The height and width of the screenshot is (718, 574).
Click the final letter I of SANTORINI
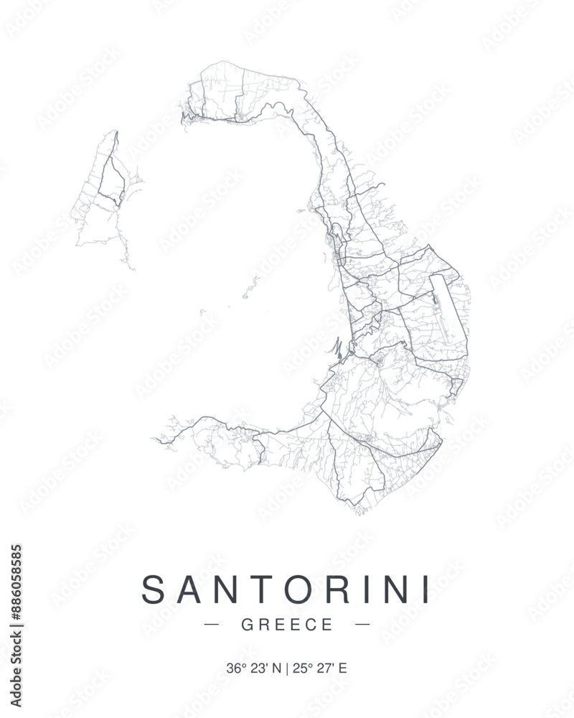coord(426,589)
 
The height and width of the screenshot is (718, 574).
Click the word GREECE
coord(288,625)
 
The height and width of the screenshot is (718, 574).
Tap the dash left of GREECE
coord(212,625)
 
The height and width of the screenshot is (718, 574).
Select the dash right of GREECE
coord(363,625)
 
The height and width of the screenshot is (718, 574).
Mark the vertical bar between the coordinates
coord(287,668)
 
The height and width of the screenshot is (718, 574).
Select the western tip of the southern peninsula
coord(156,438)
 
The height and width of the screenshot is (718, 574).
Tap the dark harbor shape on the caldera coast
coord(337,350)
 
